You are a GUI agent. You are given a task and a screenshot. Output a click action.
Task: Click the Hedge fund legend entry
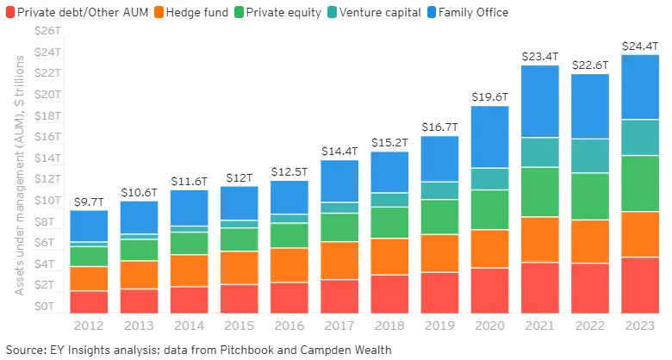(191, 12)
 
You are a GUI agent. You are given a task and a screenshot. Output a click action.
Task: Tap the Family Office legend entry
(472, 12)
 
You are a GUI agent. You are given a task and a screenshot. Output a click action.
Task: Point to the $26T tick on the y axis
(44, 31)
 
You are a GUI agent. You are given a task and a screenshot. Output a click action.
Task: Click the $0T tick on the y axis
(47, 307)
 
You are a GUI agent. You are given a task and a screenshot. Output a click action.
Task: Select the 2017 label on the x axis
(339, 326)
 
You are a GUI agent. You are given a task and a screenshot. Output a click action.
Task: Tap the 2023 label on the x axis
(640, 326)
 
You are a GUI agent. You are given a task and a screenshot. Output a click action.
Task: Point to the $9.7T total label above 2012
(89, 202)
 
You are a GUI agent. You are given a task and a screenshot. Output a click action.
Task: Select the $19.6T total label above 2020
(489, 96)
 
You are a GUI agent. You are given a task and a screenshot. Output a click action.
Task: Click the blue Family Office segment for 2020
(489, 136)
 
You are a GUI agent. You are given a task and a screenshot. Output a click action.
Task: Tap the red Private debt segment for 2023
(640, 285)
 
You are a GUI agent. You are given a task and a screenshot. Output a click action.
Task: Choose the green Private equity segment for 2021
(540, 192)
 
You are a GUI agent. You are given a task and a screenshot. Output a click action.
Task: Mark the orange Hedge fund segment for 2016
(289, 265)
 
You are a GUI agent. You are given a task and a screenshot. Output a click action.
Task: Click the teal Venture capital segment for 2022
(590, 156)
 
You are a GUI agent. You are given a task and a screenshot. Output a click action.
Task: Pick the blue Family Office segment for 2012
(89, 226)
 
